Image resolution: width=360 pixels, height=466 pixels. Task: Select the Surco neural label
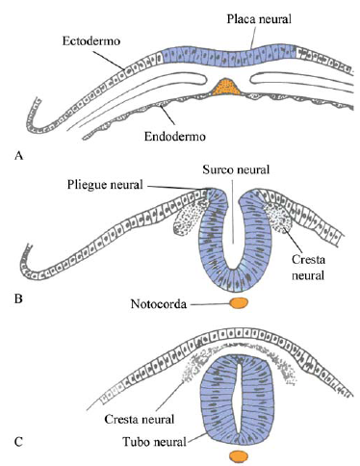point(231,170)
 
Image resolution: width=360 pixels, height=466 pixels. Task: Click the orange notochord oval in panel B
point(236,304)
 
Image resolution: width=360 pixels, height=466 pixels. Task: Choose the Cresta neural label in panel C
point(138,422)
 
